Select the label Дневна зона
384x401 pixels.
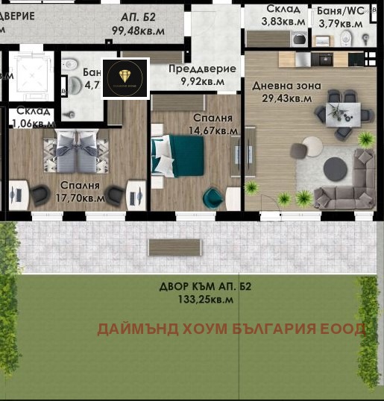click(286, 86)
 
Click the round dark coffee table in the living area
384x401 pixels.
click(336, 169)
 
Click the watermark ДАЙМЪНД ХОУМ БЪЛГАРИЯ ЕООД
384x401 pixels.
click(232, 329)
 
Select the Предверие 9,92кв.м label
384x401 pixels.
click(201, 75)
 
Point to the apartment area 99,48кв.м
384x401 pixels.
click(139, 31)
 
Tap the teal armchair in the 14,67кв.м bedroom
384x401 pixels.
click(213, 197)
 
